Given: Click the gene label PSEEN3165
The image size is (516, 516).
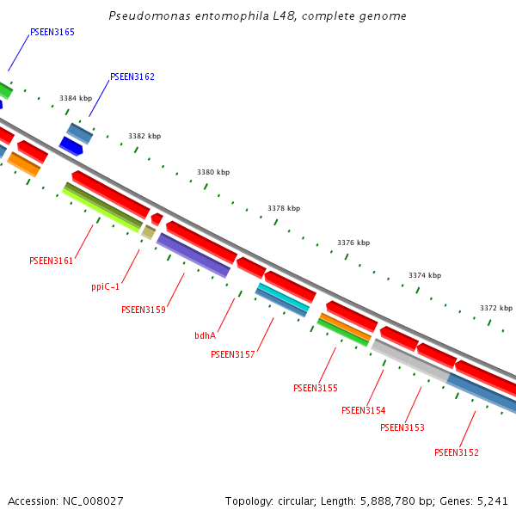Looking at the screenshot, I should (52, 32).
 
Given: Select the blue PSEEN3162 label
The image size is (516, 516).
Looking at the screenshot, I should (132, 77).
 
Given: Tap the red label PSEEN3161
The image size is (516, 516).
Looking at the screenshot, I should (52, 261).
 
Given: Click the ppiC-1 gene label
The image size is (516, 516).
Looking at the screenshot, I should (106, 286).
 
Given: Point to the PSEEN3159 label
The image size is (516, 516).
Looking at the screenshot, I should (144, 310).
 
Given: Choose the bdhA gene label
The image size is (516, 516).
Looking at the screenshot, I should (206, 335).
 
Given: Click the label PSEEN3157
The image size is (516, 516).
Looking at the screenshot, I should (233, 354).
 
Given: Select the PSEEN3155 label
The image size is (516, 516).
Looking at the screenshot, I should (316, 388).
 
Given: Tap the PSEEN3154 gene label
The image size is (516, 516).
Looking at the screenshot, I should (364, 410).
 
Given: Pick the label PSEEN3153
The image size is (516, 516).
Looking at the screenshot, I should (402, 427).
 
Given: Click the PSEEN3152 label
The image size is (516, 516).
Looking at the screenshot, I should (457, 452).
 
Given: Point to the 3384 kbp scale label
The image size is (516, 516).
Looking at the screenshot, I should (76, 99).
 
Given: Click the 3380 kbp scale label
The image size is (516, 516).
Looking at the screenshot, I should (213, 173).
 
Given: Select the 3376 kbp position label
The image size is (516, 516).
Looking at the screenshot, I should (353, 243).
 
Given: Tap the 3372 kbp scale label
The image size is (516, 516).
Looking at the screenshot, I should (496, 308).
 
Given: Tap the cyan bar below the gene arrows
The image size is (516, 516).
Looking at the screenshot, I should (283, 297).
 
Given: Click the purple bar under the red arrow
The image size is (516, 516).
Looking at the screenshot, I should (193, 255).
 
